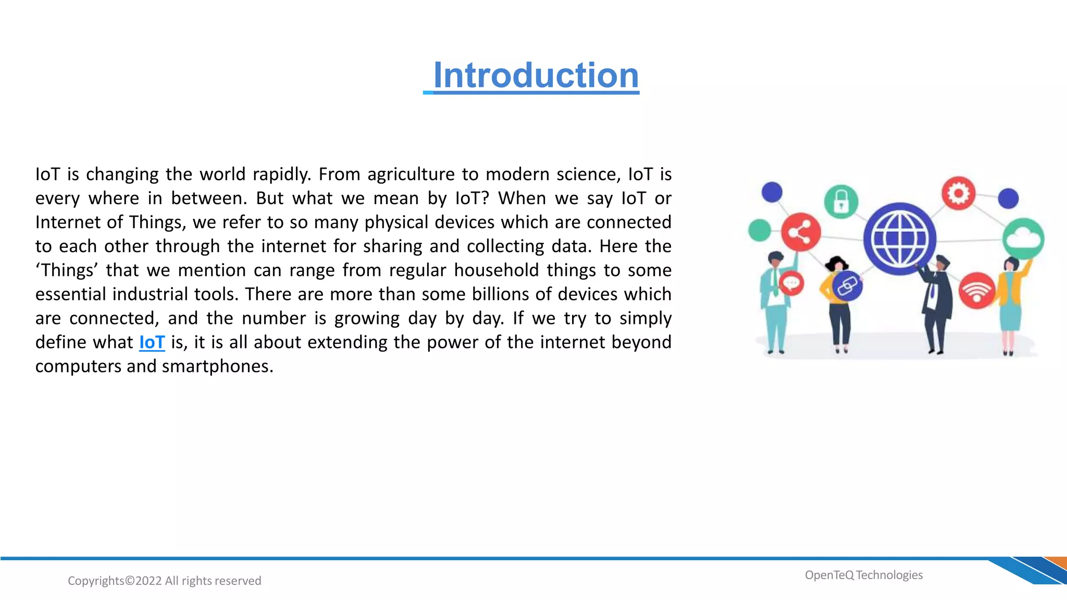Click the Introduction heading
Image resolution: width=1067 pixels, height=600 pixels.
pyautogui.click(x=536, y=76)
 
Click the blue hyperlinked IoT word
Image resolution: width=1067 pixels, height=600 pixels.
pyautogui.click(x=152, y=342)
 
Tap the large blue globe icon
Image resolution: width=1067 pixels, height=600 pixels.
pyautogui.click(x=899, y=239)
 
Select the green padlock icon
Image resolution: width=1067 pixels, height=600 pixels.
pyautogui.click(x=841, y=202)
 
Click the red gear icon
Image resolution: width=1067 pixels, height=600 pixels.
pyautogui.click(x=958, y=193)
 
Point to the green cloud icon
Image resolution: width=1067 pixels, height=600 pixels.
pyautogui.click(x=1023, y=239)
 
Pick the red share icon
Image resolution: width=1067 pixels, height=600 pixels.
pyautogui.click(x=801, y=232)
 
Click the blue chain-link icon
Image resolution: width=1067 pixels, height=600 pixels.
pyautogui.click(x=847, y=286)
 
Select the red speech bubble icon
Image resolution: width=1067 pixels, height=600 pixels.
pyautogui.click(x=791, y=284)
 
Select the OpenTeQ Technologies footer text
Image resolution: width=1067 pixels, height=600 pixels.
pyautogui.click(x=863, y=575)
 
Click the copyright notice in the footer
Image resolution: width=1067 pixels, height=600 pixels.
pyautogui.click(x=165, y=581)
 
